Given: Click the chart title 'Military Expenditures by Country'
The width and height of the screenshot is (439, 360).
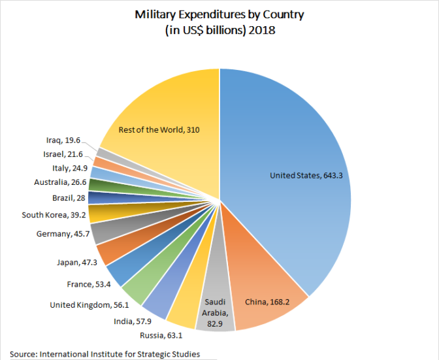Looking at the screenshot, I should pyautogui.click(x=219, y=14).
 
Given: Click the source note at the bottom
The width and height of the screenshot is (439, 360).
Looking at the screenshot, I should pyautogui.click(x=105, y=353).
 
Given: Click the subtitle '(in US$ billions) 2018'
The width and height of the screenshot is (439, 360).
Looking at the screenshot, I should pyautogui.click(x=219, y=29).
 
